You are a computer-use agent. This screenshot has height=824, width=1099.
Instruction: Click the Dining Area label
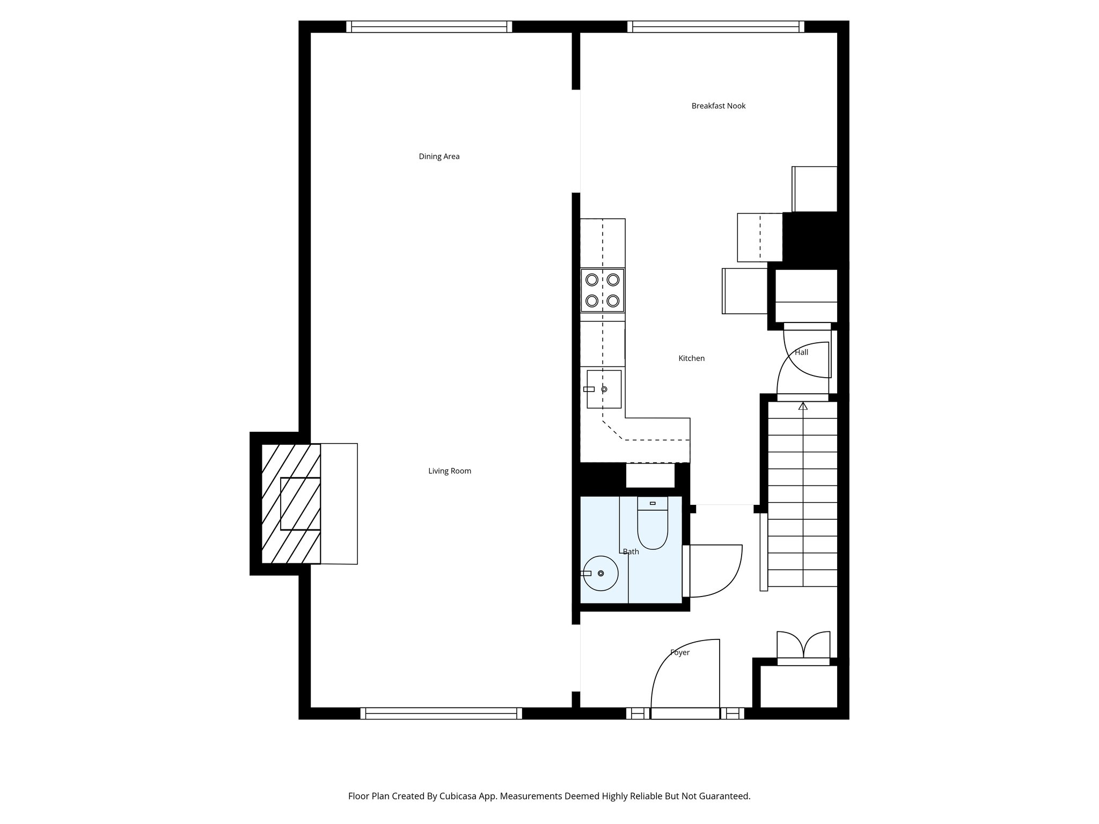point(439,157)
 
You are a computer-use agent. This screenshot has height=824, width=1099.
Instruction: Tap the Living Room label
point(449,471)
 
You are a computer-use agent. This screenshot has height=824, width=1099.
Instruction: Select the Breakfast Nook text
point(718,106)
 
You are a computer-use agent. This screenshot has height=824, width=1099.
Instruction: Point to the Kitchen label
point(691,358)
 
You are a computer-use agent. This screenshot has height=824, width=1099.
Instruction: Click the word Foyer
point(679,653)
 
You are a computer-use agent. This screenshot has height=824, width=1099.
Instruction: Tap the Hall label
point(801,352)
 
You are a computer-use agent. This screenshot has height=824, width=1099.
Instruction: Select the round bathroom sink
point(601,573)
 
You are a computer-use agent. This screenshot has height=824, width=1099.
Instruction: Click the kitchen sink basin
point(604,389)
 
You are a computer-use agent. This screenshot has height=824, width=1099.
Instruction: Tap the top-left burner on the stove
point(592,279)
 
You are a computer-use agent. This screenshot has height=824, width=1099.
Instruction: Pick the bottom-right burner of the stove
point(613,300)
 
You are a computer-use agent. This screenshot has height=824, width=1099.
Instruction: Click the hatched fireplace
point(290,503)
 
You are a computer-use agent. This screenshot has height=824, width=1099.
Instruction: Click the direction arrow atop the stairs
point(803,406)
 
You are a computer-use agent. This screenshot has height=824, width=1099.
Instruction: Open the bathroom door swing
point(715,571)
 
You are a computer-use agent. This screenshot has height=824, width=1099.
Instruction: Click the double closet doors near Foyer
point(803,646)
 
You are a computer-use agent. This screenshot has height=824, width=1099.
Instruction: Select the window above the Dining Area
point(429,27)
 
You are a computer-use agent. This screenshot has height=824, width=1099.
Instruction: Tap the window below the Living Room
point(441,713)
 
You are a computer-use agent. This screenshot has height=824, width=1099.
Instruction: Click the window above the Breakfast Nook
point(716,27)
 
